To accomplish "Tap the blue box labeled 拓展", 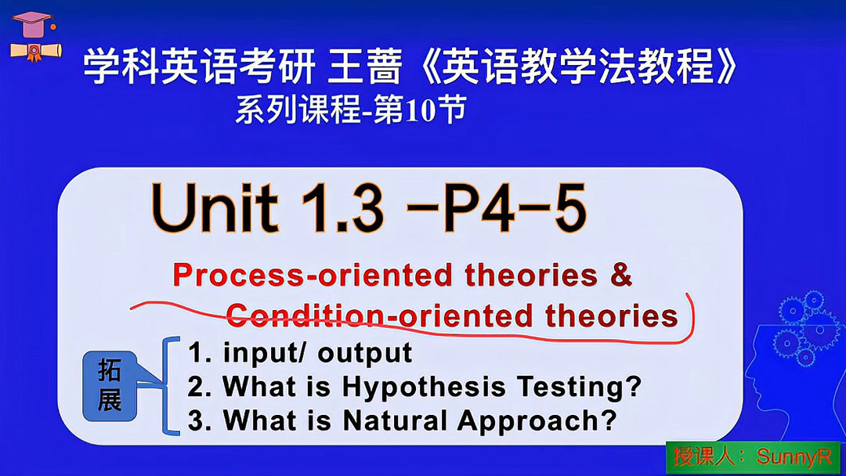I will pyautogui.click(x=110, y=386).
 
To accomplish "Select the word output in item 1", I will pyautogui.click(x=365, y=353).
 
